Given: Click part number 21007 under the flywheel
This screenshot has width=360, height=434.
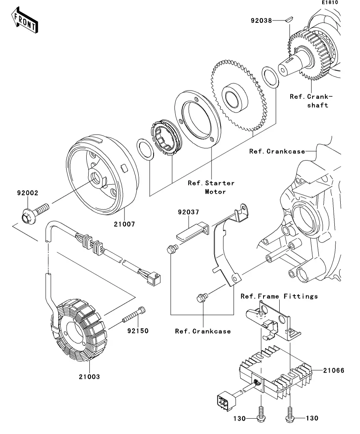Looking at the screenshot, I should point(124,224).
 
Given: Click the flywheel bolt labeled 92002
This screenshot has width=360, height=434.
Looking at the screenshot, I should point(35,212).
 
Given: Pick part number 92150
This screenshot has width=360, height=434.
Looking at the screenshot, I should point(137,331).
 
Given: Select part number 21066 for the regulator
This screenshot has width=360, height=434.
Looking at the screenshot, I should point(334,370).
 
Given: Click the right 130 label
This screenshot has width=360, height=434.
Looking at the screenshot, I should point(312,418).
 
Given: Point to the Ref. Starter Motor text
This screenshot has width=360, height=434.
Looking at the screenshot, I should point(211,187).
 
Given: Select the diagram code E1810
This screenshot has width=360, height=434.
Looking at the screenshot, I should point(330,3).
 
